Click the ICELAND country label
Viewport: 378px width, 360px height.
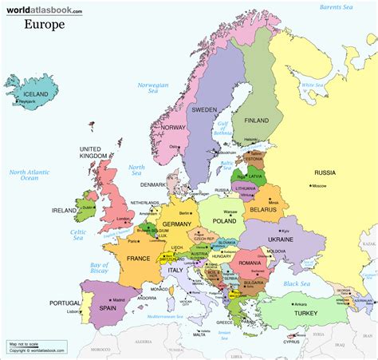(30, 93)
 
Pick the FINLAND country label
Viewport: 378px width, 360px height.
(255, 121)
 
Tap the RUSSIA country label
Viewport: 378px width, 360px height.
(324, 172)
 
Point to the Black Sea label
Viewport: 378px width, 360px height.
(297, 283)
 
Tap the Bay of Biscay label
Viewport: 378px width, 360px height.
(99, 267)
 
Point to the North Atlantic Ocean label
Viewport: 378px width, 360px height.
(30, 176)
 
